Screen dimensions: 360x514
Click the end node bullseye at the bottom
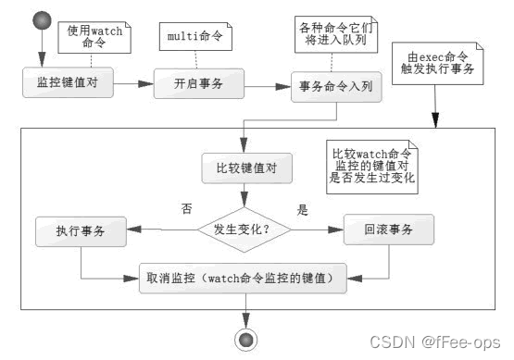pos(245,339)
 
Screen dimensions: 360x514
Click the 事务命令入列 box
pos(335,89)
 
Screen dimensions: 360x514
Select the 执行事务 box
pos(81,230)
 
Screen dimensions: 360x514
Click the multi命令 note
pos(196,37)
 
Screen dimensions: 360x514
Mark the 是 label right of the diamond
pos(301,210)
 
